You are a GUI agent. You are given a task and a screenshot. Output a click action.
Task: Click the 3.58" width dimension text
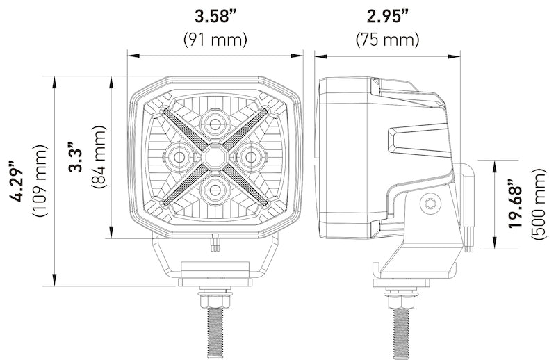coord(215,16)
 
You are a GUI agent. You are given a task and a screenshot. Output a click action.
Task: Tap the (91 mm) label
coord(215,39)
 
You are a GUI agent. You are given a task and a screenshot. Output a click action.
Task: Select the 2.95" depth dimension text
coord(388,16)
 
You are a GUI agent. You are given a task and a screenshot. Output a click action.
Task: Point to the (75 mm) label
coord(388,39)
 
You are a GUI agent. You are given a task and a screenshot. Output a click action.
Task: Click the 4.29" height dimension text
coord(17,181)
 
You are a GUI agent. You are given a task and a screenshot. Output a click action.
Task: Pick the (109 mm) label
coord(40,181)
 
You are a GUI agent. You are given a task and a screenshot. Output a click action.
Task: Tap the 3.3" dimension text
coord(76,157)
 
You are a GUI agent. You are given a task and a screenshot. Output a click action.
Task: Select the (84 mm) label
coord(99,157)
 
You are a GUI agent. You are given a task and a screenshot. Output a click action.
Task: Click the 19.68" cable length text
coord(515,204)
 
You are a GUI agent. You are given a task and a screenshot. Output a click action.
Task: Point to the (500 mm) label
coord(539,204)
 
